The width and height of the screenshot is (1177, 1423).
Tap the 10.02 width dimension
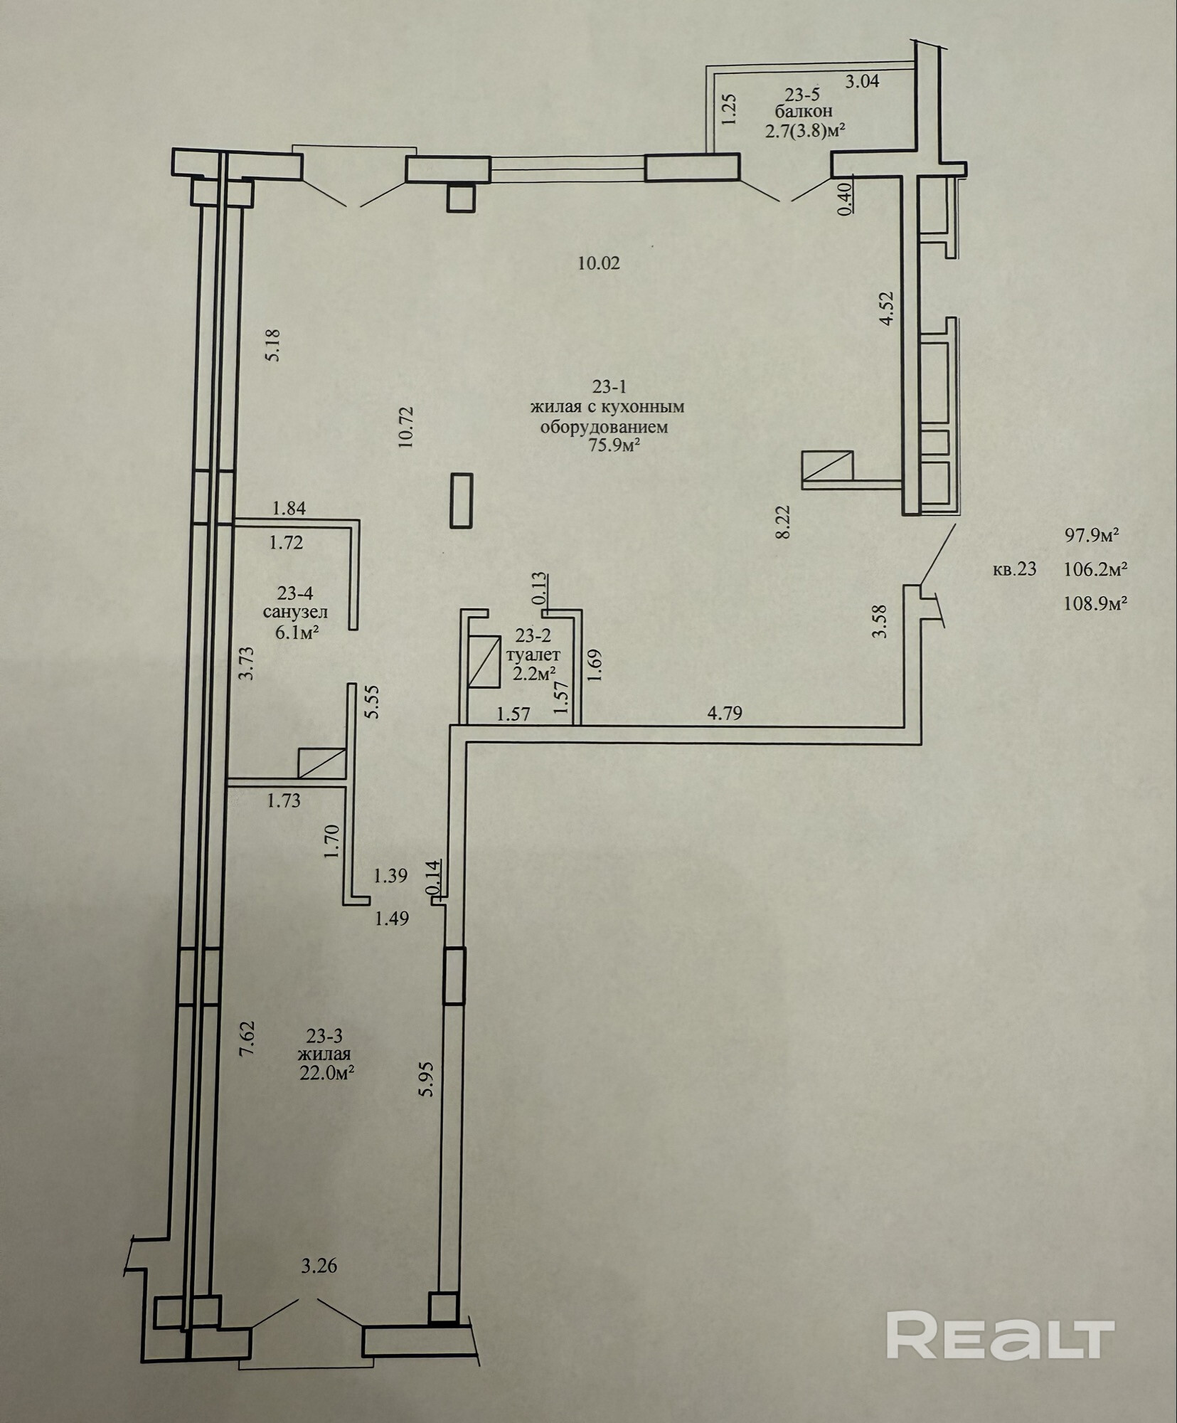599,263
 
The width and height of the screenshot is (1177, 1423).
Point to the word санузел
295,612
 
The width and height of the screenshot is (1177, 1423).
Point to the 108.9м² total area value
1097,604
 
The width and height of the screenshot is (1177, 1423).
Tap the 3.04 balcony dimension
862,81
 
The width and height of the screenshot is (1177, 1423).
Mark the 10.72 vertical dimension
406,426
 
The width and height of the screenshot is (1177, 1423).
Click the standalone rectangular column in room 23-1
462,500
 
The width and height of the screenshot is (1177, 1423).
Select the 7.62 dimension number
247,1041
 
